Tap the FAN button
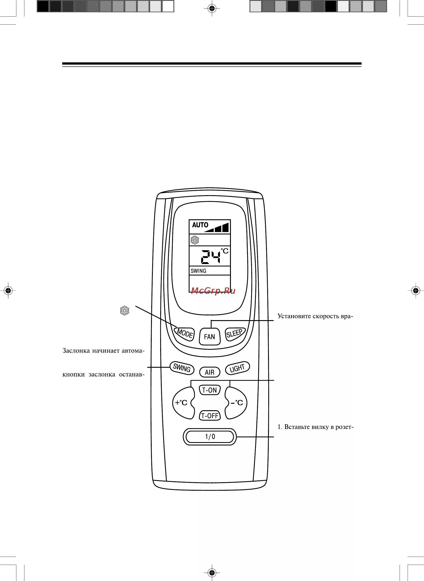(x=209, y=336)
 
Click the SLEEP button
(x=234, y=334)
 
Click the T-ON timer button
(x=209, y=390)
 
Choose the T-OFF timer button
(x=210, y=416)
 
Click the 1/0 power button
(x=210, y=437)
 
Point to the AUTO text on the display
(x=200, y=225)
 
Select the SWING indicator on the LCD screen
(x=198, y=271)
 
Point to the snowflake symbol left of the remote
(x=125, y=311)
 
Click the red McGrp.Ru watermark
(x=213, y=291)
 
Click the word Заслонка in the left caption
(x=76, y=351)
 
